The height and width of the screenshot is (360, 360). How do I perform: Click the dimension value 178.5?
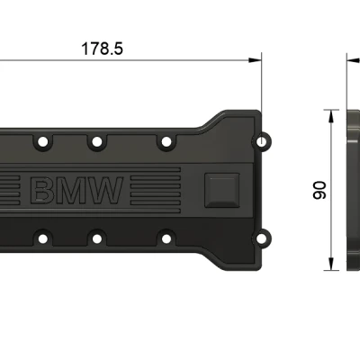coord(102,49)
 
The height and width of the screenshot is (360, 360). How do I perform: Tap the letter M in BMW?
coord(74,190)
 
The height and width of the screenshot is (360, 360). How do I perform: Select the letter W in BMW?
coord(105,190)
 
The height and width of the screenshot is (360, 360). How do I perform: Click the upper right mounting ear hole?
coord(263,142)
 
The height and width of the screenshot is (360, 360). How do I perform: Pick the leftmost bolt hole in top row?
coord(39,141)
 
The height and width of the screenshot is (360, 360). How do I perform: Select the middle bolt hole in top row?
coord(94,141)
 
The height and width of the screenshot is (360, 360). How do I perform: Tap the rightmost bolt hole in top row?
coord(165,141)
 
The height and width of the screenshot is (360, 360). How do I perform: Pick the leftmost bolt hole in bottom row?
coord(39,238)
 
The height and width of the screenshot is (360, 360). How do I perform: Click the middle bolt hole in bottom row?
coord(94,238)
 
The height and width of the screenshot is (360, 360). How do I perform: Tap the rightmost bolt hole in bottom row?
coord(165,238)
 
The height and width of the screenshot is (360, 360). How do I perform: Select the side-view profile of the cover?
coord(352,189)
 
